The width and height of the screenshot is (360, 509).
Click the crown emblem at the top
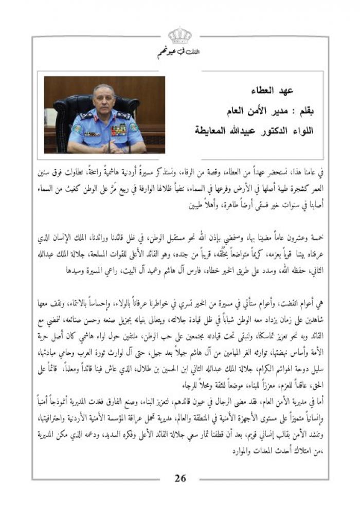(x=179, y=35)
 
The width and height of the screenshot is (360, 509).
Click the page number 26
(x=180, y=478)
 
